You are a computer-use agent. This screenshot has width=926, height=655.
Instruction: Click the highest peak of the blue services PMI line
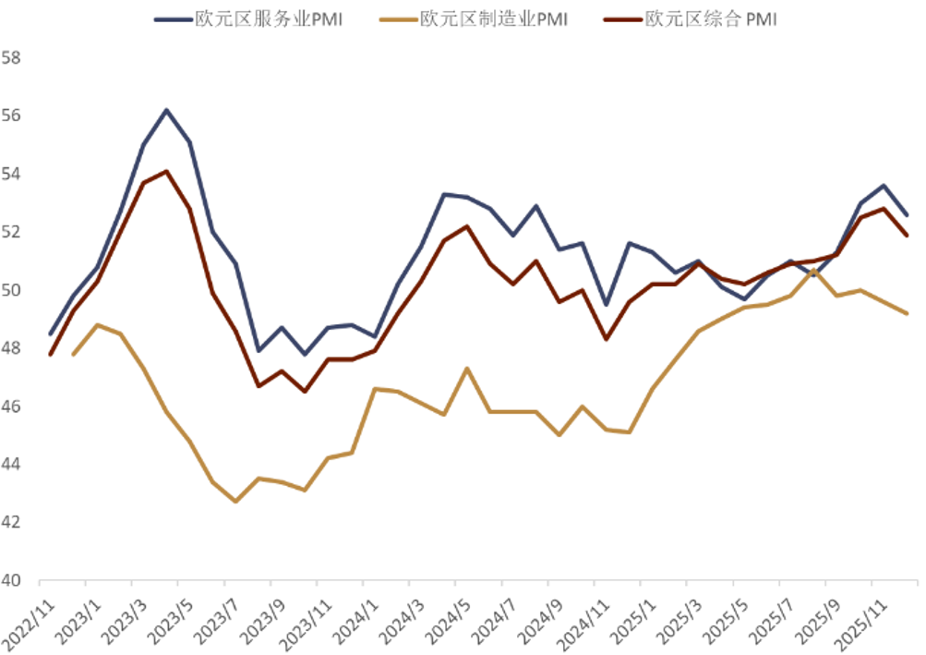166,110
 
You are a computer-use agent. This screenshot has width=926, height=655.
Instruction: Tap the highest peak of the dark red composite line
166,171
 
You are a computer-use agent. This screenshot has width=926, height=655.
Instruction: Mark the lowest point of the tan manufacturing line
235,502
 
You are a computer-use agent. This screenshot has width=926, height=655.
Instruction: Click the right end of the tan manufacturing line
908,314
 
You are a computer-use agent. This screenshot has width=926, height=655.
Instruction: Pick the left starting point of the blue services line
50,334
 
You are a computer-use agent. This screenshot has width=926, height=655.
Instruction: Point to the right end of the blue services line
908,215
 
